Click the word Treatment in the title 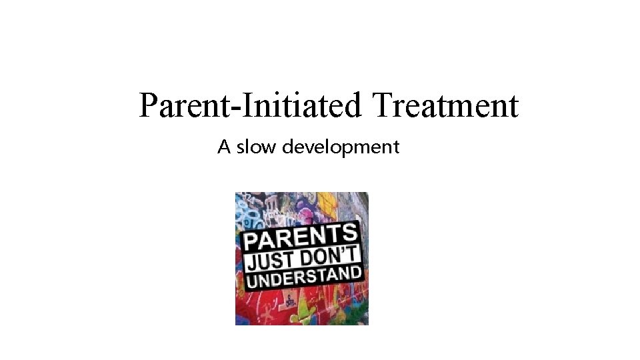[445, 106]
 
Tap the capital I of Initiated [237, 105]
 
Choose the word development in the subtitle [341, 147]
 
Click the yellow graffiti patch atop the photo [326, 203]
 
